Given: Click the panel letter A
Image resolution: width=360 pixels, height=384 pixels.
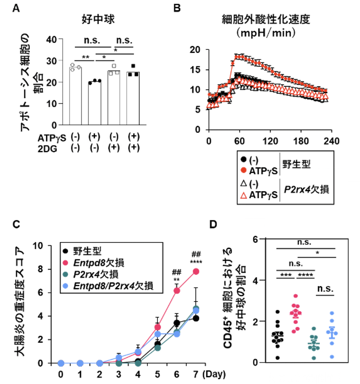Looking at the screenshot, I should [x=16, y=8].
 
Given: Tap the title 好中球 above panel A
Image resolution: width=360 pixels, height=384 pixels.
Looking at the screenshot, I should [x=98, y=19].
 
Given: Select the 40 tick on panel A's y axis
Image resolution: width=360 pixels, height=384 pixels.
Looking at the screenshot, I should [x=52, y=40].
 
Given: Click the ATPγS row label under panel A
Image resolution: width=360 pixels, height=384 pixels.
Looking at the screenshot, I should [x=52, y=138].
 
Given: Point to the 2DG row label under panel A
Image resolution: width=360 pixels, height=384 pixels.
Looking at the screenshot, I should [x=47, y=149].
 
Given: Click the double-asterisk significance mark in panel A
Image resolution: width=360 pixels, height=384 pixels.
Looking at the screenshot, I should [x=86, y=57].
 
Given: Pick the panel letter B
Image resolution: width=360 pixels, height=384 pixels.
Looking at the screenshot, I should [x=177, y=8].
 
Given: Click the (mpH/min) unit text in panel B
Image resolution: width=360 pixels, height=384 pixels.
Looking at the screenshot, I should [x=266, y=32].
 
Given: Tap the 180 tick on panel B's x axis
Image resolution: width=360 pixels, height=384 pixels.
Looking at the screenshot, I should [x=301, y=141].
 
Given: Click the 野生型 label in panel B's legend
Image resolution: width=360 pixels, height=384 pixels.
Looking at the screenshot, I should [x=296, y=165].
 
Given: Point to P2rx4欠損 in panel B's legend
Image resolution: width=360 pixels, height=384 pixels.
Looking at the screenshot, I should [x=306, y=190].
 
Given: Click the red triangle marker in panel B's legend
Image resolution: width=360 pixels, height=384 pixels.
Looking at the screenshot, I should [x=244, y=196].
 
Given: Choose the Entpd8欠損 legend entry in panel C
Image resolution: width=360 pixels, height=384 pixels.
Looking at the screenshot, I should [x=99, y=263].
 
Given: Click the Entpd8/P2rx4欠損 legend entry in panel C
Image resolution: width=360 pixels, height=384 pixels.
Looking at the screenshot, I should [x=113, y=286].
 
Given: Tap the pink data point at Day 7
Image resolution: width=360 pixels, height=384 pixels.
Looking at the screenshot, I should [x=196, y=271].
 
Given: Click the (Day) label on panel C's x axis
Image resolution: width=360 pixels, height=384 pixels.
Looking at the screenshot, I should [x=214, y=374].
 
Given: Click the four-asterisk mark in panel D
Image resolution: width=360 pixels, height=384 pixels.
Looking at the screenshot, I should [x=305, y=275].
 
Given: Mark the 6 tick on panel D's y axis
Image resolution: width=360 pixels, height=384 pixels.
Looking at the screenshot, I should [x=255, y=239].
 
